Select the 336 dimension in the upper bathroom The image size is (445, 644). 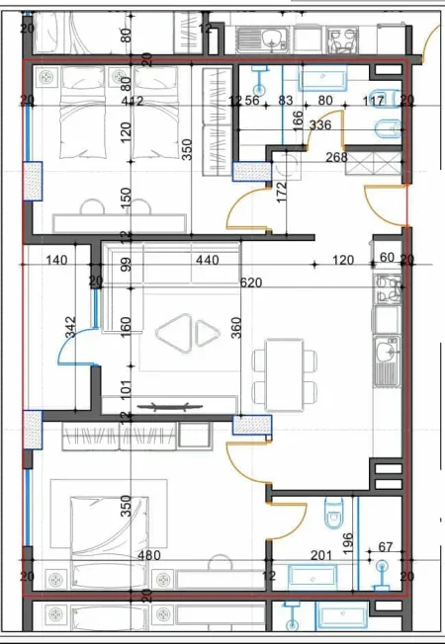320,125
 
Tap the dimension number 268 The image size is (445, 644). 336,156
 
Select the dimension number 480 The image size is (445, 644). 148,556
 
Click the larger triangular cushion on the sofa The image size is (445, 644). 174,333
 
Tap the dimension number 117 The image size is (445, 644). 373,100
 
